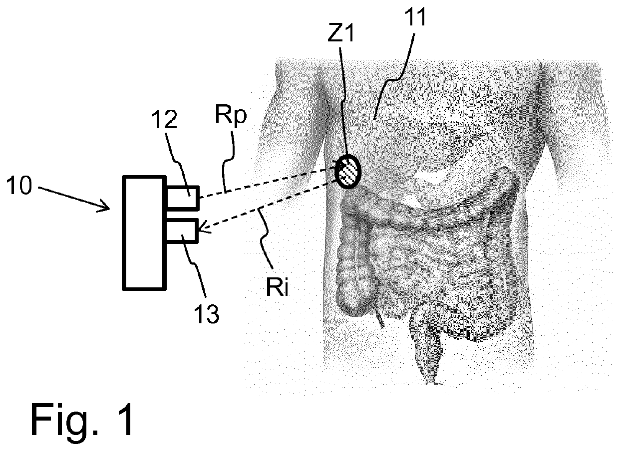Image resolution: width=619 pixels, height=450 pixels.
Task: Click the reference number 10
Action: (19, 186)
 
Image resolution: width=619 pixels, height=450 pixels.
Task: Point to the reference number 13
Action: (207, 314)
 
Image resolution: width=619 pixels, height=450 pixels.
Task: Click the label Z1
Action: (340, 32)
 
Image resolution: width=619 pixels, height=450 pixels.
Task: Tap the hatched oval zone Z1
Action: (348, 172)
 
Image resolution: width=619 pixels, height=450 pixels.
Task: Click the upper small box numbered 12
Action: (182, 198)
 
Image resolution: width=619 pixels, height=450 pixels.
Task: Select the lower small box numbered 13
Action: (182, 231)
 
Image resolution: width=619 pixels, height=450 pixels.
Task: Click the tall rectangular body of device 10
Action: (144, 233)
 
